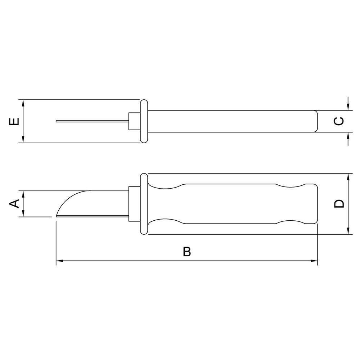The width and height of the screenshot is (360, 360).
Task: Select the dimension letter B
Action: (x=186, y=252)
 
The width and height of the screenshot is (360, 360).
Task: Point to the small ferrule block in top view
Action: (x=134, y=121)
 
